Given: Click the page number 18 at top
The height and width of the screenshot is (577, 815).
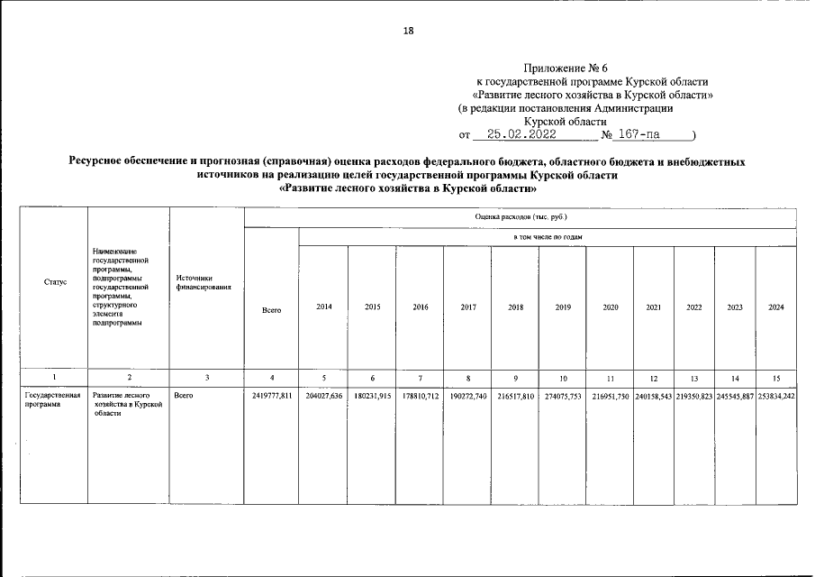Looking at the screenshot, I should click(x=408, y=31).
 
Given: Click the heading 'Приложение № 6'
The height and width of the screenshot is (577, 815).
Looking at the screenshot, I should click(x=559, y=68).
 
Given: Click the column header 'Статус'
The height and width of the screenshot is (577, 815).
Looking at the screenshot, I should click(x=55, y=282).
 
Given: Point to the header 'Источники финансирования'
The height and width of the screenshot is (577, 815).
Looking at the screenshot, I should click(x=204, y=282).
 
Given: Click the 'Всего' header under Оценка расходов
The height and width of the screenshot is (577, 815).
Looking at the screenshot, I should click(x=271, y=309).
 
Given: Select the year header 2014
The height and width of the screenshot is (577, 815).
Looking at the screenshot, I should click(x=324, y=307).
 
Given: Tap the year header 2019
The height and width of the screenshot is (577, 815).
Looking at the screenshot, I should click(x=563, y=307).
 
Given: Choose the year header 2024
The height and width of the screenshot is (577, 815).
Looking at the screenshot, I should click(x=775, y=307).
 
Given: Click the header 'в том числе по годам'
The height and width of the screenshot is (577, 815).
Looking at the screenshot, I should click(x=548, y=237).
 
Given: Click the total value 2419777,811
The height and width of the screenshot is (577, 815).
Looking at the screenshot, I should click(x=271, y=396).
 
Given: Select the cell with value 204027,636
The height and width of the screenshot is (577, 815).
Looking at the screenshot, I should click(x=324, y=396).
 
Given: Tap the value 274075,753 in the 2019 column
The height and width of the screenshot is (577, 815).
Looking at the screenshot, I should click(x=563, y=396).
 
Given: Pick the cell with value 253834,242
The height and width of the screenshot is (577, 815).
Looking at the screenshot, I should click(x=775, y=396).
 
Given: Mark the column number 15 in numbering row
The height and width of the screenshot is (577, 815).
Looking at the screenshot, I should click(x=775, y=376).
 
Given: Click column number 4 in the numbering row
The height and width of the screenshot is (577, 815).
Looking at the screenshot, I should click(x=271, y=376).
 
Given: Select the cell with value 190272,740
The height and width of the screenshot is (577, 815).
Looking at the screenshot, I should click(x=467, y=396).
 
